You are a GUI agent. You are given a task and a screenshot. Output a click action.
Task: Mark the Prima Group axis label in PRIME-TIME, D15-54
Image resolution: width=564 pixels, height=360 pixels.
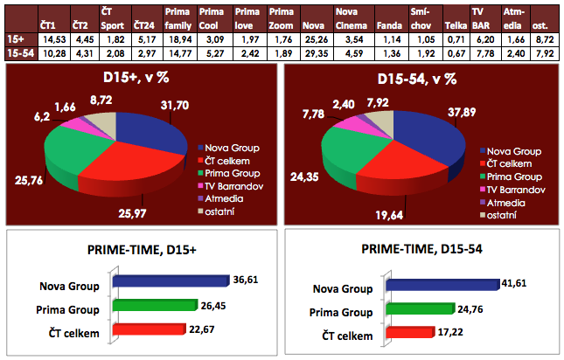pyautogui.click(x=343, y=310)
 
